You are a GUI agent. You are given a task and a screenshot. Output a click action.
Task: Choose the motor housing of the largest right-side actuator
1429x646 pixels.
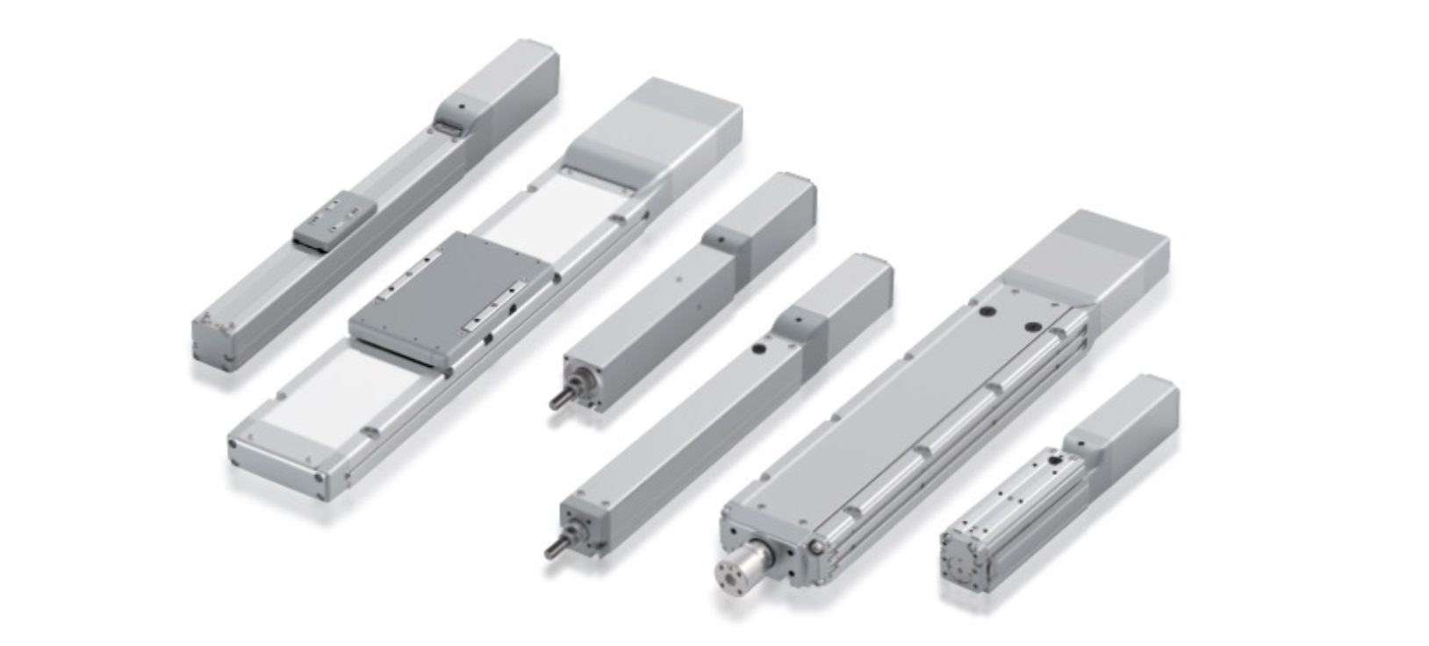[x=1097, y=255]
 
